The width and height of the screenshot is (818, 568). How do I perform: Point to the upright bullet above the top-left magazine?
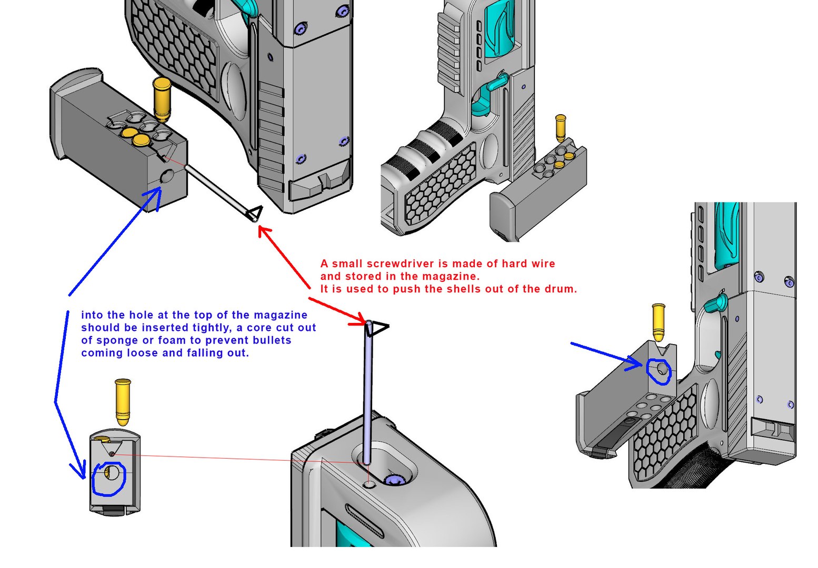click(162, 99)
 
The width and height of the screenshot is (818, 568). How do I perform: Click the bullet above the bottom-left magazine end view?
click(123, 401)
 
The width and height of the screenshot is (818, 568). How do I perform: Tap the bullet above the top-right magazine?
click(561, 128)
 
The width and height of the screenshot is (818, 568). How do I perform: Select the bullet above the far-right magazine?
click(658, 322)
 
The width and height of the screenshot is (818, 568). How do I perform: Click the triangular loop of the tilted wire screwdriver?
click(255, 213)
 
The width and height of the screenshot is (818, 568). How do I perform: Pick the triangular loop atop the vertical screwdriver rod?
click(377, 329)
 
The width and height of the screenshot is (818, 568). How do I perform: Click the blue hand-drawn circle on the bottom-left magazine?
click(109, 479)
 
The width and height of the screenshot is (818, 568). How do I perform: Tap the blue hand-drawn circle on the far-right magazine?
click(659, 372)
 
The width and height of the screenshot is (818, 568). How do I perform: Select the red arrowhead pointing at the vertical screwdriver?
click(360, 320)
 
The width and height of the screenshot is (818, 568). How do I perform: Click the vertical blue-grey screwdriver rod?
click(367, 400)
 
